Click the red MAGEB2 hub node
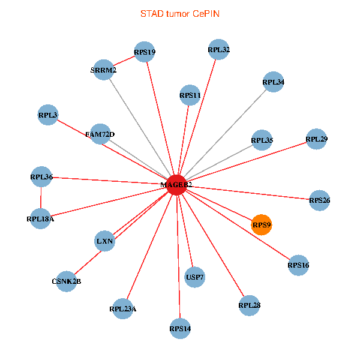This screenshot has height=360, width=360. [x=176, y=184]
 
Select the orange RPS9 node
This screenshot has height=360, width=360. [x=262, y=225]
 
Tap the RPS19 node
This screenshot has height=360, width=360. [x=145, y=52]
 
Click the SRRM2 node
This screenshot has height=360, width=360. [x=104, y=70]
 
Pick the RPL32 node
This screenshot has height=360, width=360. [x=218, y=50]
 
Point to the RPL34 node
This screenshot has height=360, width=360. [x=274, y=82]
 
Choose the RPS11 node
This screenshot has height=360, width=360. [x=190, y=95]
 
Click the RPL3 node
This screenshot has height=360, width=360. [x=48, y=115]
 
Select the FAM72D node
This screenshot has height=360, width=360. [x=100, y=134]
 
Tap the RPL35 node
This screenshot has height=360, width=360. [x=262, y=141]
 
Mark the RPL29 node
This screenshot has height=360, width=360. [x=316, y=139]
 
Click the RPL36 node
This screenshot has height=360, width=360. [x=41, y=177]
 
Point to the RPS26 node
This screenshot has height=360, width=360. [x=319, y=199]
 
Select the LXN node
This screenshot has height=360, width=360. [x=105, y=242]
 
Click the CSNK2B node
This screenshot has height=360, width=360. [x=66, y=281]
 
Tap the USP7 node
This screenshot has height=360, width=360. [x=195, y=277]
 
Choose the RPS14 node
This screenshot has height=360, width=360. [x=180, y=328]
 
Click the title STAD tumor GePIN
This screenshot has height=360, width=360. [x=180, y=13]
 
